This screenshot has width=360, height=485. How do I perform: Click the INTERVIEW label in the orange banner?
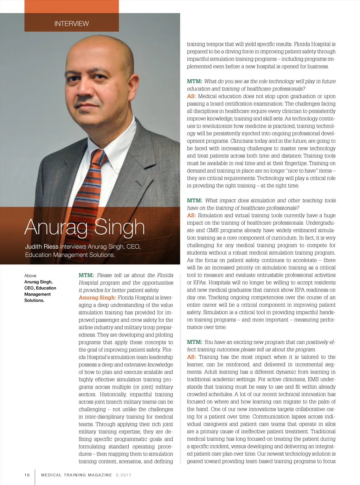[71, 24]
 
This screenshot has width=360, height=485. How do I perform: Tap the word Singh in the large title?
[120, 227]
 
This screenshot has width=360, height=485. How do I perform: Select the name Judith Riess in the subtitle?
[41, 247]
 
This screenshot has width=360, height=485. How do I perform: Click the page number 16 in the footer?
[27, 475]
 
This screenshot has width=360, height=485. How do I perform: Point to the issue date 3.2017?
[123, 475]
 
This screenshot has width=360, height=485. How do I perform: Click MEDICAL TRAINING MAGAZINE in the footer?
[77, 475]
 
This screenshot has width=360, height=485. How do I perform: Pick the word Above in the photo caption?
[30, 276]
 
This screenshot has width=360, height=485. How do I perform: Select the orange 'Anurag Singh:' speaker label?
[97, 298]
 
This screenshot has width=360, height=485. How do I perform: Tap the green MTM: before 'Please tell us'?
[86, 275]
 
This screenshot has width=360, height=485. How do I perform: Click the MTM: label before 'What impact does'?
[194, 200]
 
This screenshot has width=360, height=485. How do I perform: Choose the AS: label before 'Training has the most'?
[191, 357]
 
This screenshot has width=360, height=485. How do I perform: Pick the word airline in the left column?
[86, 327]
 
